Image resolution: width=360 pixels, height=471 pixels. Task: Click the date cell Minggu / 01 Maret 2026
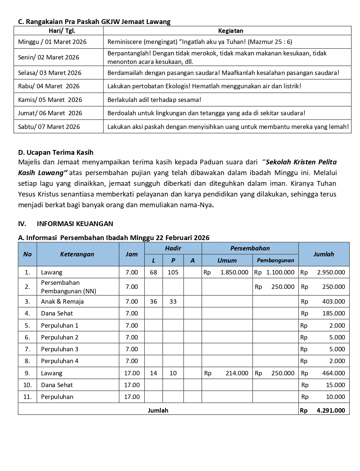click(52, 42)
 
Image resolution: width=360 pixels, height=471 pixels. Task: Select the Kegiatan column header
click(230, 31)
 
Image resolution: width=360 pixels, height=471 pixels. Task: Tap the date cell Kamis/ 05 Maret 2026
click(50, 100)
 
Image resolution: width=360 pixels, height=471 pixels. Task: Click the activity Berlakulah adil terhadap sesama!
click(154, 100)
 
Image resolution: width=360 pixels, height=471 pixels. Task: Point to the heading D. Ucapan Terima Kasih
click(56, 152)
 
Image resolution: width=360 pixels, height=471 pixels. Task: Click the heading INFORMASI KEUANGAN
click(75, 223)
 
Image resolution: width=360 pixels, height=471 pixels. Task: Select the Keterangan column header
click(77, 254)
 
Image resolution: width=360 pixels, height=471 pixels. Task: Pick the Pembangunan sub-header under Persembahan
click(275, 260)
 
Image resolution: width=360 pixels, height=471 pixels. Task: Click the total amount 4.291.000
click(331, 410)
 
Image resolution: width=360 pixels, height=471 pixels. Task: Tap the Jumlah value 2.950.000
click(331, 272)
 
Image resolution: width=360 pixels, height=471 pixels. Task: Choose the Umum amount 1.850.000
click(234, 272)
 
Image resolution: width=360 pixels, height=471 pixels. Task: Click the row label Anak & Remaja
click(62, 301)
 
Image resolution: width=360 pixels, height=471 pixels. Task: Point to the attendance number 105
click(173, 272)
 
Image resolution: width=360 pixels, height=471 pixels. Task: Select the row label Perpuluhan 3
click(60, 349)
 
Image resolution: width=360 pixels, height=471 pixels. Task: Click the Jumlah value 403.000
click(333, 301)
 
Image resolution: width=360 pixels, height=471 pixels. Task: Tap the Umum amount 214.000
click(237, 373)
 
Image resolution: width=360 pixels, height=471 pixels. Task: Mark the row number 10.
click(27, 385)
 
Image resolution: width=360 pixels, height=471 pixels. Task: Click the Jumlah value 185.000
click(333, 313)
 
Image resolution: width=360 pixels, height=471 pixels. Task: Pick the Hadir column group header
click(173, 248)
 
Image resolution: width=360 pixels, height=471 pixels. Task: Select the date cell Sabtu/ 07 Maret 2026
click(49, 127)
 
